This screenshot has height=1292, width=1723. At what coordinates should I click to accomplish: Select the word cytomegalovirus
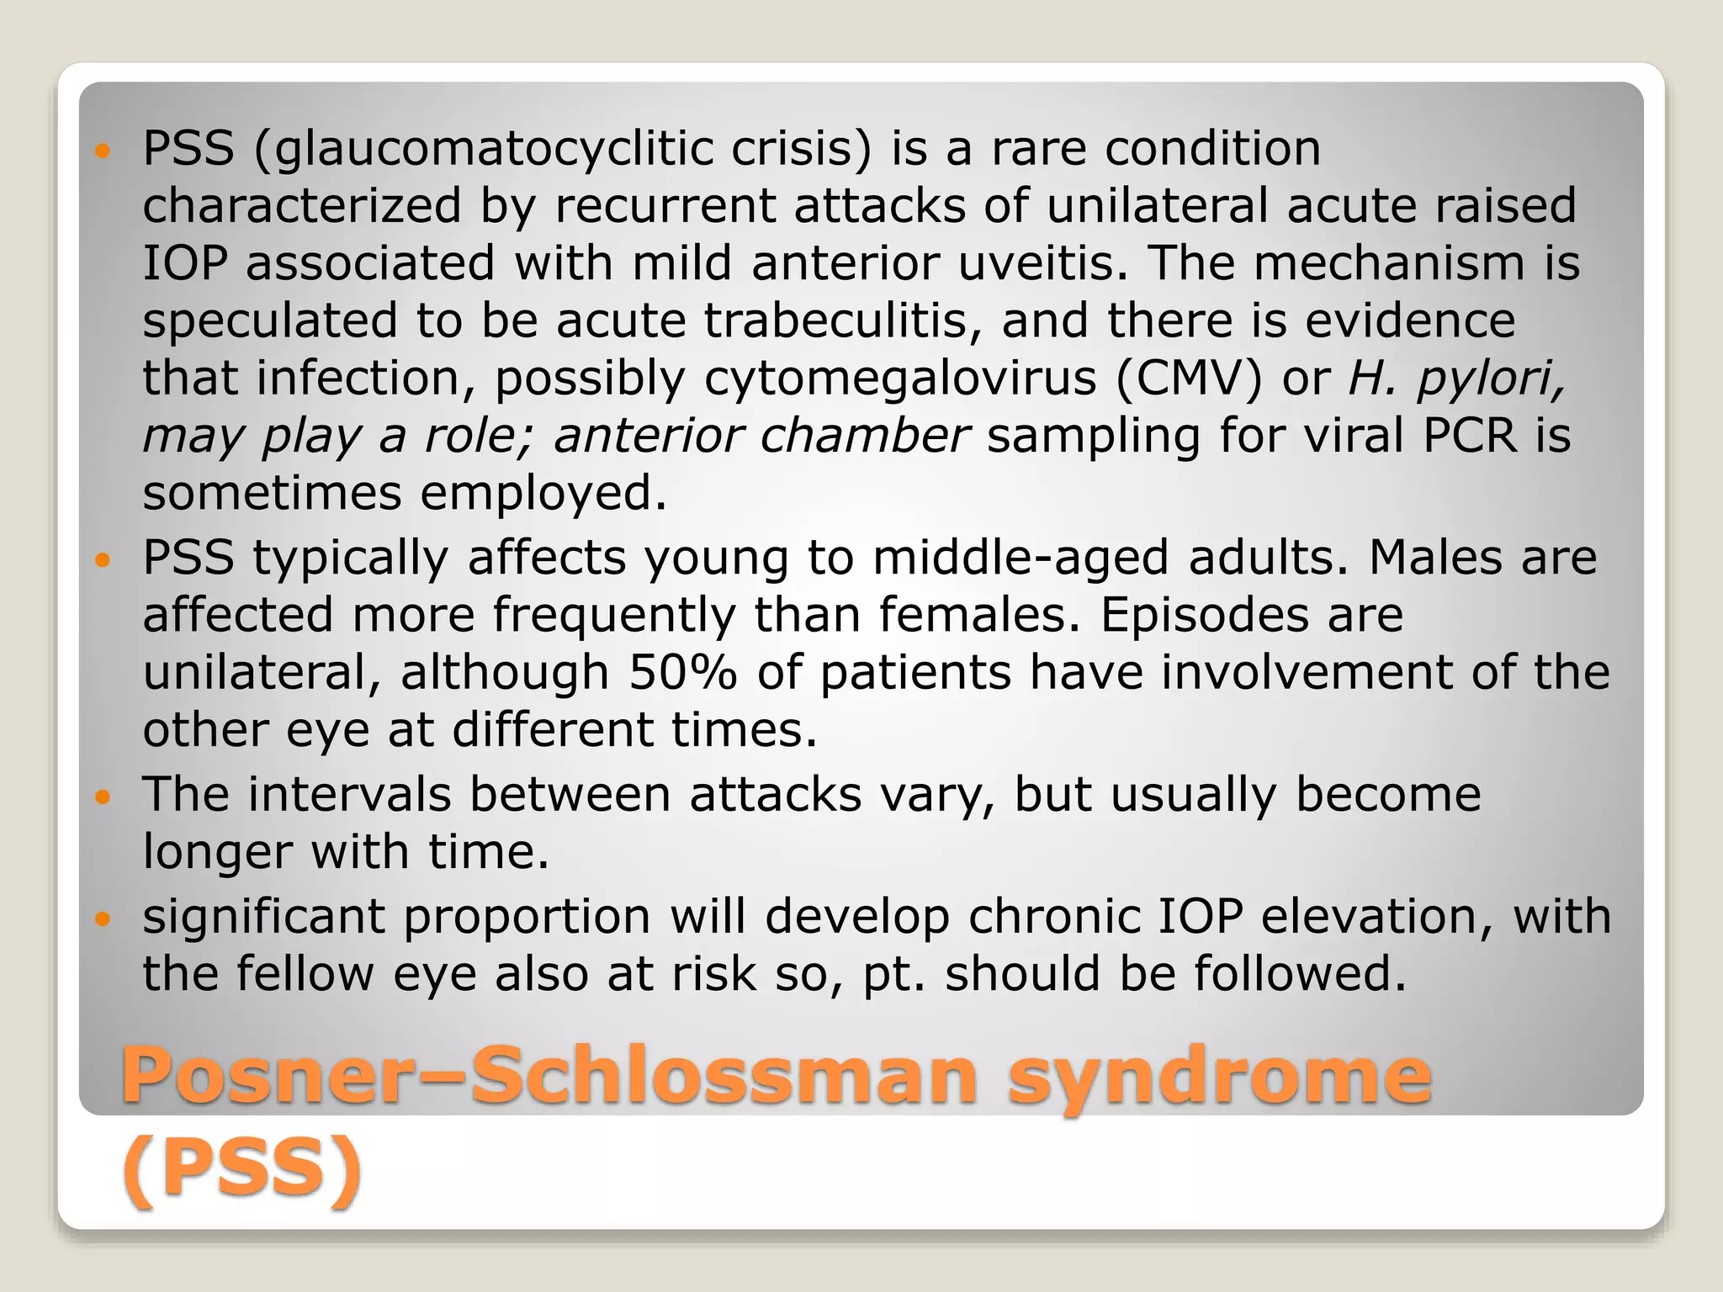(x=900, y=378)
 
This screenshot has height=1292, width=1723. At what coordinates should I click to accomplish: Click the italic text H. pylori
(x=1456, y=378)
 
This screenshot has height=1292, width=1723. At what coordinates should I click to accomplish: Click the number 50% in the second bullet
(x=682, y=672)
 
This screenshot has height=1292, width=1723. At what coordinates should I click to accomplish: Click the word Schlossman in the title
(x=724, y=1076)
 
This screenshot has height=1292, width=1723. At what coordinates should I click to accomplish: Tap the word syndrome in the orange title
(x=1219, y=1076)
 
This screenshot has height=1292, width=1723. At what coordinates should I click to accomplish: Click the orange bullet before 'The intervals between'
(x=103, y=796)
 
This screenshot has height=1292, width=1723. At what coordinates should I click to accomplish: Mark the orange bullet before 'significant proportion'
(x=103, y=919)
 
